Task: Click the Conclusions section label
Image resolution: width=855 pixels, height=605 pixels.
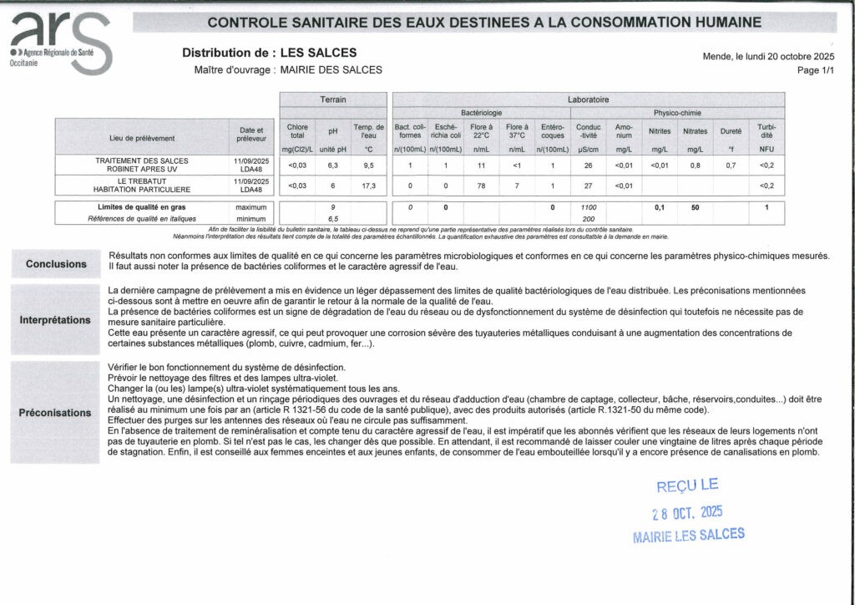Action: [56, 264]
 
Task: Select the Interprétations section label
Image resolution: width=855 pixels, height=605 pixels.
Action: [55, 320]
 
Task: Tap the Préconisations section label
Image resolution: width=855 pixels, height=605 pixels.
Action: [55, 413]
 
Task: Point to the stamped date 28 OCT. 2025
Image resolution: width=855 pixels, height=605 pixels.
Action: [687, 511]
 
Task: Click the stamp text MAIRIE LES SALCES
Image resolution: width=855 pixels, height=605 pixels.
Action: [689, 535]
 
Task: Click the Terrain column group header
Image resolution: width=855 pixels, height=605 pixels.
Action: [333, 99]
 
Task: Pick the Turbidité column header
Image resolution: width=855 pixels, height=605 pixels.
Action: [766, 131]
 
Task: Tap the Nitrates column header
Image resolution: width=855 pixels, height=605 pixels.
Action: [695, 131]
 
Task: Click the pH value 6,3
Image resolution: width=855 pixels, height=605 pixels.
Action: [333, 165]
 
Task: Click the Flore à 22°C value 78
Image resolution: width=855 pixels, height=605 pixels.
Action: [481, 186]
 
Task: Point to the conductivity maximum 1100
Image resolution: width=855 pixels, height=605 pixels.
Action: [588, 206]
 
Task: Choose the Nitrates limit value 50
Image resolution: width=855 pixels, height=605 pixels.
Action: [695, 206]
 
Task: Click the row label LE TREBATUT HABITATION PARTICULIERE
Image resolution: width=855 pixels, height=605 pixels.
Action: [142, 186]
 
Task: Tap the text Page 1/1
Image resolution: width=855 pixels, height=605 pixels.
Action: [815, 71]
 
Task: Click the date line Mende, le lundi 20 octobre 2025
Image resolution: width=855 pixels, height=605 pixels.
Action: [768, 56]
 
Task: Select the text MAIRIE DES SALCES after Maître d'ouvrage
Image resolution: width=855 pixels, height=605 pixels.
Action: [331, 70]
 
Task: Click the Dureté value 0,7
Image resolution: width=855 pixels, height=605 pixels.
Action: [731, 165]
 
